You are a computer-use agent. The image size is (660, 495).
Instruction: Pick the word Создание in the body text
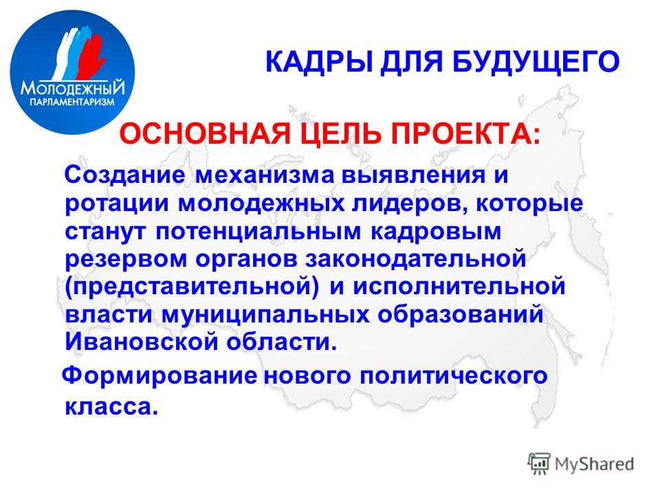click(125, 175)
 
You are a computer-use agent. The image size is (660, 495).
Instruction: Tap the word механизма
click(265, 175)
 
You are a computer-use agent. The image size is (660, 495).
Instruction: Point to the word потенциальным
click(258, 232)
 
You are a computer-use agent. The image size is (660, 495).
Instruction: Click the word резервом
click(125, 259)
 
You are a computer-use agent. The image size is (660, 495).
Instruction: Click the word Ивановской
click(142, 342)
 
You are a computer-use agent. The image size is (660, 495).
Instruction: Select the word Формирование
click(159, 376)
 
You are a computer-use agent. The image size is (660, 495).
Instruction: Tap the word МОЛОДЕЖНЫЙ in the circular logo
click(73, 89)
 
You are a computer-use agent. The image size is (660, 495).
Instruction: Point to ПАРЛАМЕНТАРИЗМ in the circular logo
click(72, 102)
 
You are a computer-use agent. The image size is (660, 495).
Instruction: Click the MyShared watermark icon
click(539, 463)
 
